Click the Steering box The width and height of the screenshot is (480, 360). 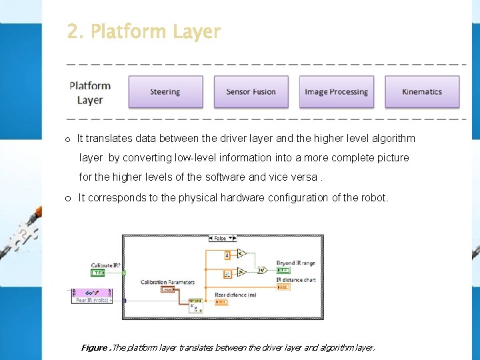165,92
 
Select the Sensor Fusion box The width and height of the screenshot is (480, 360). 251,92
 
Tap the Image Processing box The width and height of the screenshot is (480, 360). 336,92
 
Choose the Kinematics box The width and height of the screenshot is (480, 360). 422,92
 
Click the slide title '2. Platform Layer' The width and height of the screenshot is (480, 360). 143,31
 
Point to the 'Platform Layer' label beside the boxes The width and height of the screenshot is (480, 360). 90,93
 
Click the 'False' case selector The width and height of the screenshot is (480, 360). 219,238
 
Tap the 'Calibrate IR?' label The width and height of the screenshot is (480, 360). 107,265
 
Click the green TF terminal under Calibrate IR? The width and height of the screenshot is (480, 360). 97,273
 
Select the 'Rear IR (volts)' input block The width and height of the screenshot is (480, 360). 93,296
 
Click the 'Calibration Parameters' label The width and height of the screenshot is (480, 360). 167,282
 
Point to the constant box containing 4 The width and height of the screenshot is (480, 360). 227,255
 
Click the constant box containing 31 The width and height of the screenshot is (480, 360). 227,273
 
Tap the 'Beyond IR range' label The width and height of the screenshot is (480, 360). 295,263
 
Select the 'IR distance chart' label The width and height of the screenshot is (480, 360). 296,280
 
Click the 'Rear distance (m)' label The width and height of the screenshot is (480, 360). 235,295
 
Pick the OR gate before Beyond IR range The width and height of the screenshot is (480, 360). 263,270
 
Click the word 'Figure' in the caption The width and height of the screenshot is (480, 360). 94,347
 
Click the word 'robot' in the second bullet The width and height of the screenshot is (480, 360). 373,197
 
